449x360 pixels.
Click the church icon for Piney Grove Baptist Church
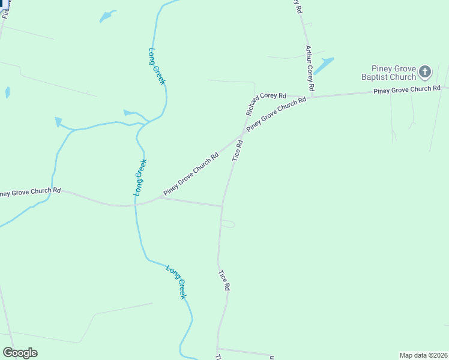425,72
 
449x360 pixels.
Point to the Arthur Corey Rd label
309,68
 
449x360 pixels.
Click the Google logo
20,353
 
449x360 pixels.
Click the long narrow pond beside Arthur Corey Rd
323,65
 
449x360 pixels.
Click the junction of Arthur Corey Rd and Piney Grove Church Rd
312,96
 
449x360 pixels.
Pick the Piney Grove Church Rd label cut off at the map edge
30,191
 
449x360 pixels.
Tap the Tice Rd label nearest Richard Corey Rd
238,150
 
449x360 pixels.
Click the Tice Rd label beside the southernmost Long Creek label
224,280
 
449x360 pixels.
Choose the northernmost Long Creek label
156,66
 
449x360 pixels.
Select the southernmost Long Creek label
176,282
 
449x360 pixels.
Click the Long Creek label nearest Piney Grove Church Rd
140,177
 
